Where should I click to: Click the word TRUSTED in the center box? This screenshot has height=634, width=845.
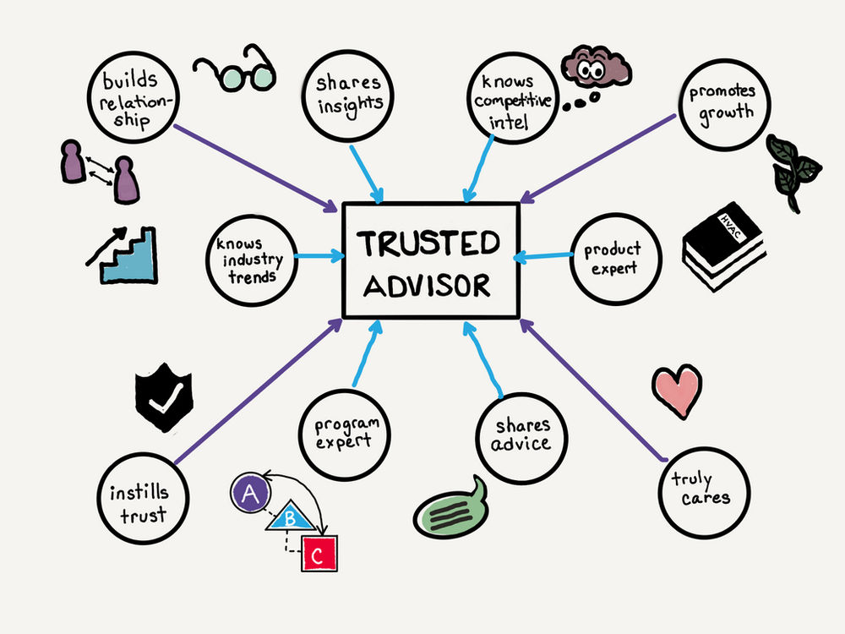point(428,243)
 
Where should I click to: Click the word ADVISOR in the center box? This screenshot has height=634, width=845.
point(428,286)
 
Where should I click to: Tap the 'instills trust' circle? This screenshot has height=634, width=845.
point(139,500)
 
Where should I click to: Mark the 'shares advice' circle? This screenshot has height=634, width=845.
point(522,435)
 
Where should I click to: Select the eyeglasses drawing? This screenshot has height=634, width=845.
point(233,71)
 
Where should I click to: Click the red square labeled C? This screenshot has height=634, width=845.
point(319,555)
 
